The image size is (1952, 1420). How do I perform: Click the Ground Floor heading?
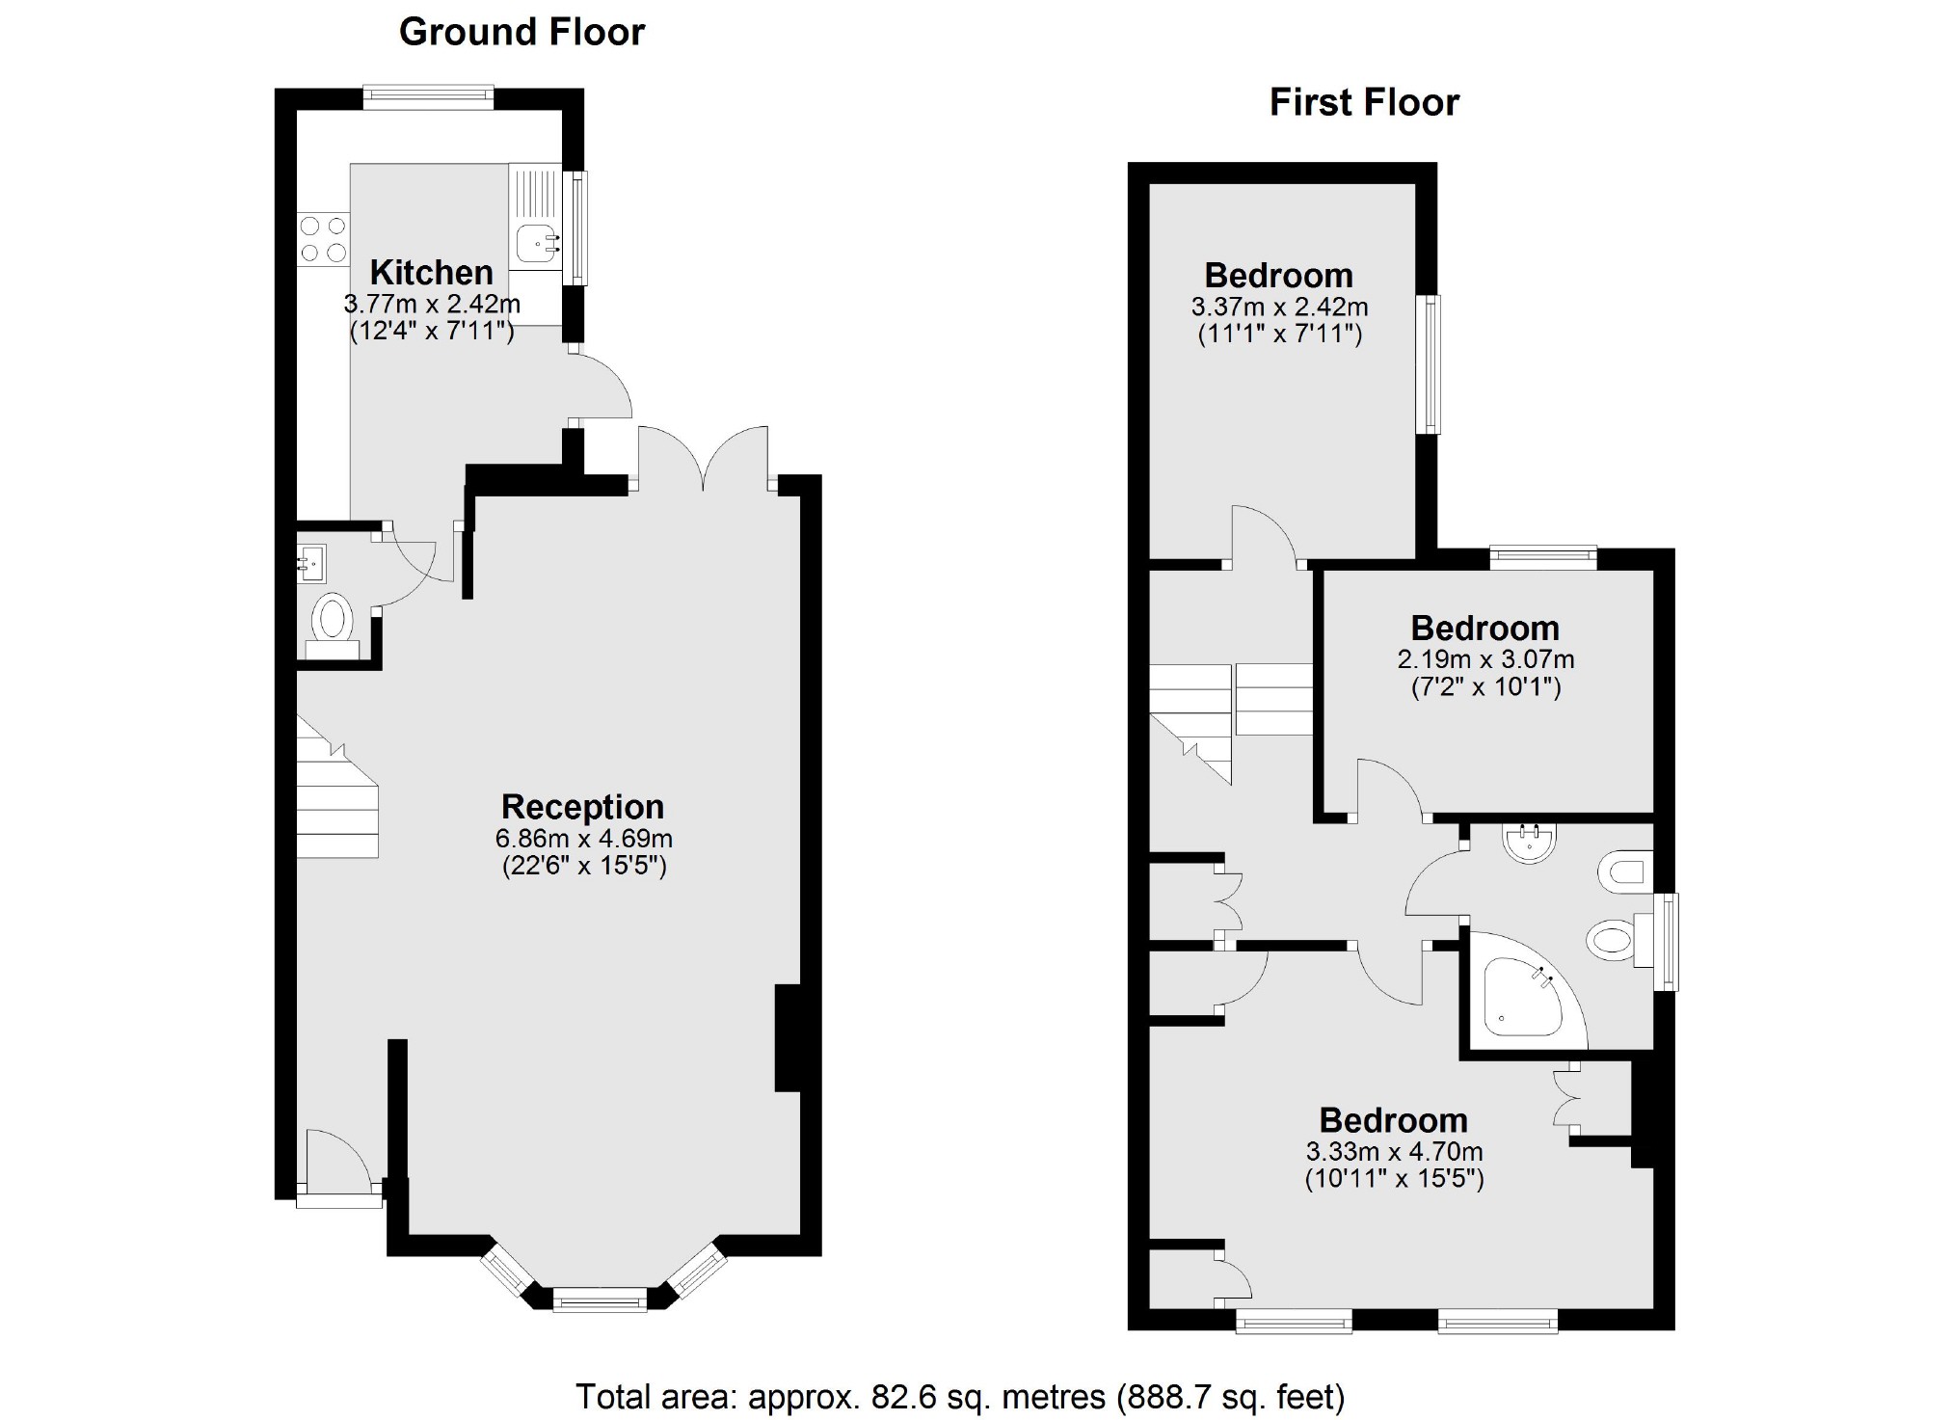click(x=521, y=32)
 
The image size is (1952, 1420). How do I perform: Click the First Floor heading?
click(x=1363, y=102)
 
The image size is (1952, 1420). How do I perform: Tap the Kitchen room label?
click(x=431, y=273)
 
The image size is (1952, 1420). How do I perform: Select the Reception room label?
click(x=582, y=807)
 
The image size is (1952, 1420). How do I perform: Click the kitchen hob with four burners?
click(x=323, y=239)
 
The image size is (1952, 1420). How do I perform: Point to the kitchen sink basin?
click(x=536, y=244)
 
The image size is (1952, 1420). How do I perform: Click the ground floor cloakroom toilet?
click(x=333, y=620)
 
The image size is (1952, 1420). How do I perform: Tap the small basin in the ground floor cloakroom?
click(x=311, y=563)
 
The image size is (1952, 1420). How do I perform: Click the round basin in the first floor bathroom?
click(x=1529, y=843)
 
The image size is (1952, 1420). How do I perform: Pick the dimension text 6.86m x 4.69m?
click(x=583, y=839)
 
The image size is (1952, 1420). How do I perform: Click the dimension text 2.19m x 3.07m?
click(x=1485, y=659)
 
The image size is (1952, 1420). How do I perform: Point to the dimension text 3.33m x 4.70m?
click(x=1394, y=1151)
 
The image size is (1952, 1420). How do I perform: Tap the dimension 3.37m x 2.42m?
click(x=1279, y=308)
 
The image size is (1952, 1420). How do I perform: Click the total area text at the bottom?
click(x=959, y=1396)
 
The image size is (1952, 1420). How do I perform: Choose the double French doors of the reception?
click(x=703, y=458)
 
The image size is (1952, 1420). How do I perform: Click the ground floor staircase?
click(x=335, y=800)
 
